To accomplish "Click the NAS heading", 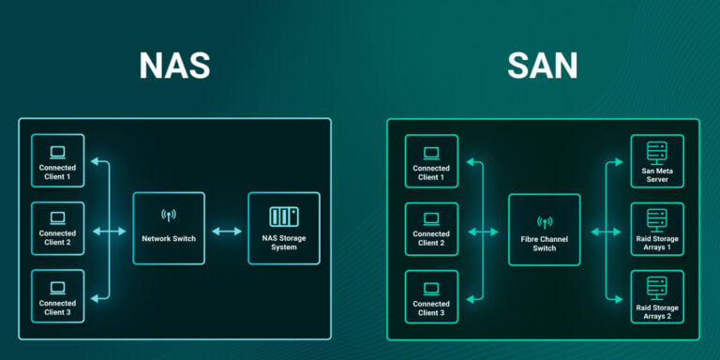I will [173, 65].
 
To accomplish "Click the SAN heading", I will [544, 65].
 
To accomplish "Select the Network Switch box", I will [169, 228].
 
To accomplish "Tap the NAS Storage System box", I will [283, 228].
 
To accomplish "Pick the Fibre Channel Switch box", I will [544, 230].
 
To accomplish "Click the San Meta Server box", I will [657, 161].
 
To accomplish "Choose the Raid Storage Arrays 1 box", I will [657, 230].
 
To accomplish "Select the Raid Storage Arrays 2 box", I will [657, 297].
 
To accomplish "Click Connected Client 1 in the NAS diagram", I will [57, 161].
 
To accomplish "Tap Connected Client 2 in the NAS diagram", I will [57, 229].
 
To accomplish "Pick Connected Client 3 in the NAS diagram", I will [57, 296].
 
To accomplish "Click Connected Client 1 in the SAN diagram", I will [431, 161].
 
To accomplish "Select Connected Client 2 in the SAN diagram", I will [431, 230].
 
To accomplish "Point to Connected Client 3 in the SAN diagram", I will [431, 297].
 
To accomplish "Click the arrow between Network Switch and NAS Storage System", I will [226, 230].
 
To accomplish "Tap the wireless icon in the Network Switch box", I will [169, 216].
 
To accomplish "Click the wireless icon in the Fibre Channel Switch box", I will [544, 223].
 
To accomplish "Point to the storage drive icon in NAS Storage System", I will [283, 217].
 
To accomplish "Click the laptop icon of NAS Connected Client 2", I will [57, 217].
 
